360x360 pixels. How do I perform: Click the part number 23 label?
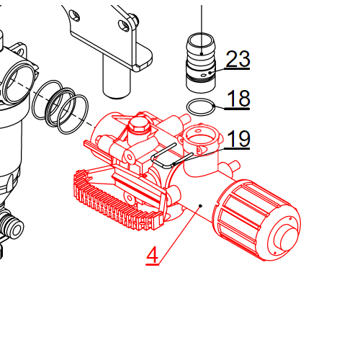238,59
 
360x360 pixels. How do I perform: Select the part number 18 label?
238,99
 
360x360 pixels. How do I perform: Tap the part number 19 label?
238,138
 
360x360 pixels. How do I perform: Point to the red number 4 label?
152,255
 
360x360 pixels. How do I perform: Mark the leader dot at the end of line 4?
200,206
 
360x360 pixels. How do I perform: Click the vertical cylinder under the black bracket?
114,76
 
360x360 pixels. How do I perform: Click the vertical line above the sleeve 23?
202,18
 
